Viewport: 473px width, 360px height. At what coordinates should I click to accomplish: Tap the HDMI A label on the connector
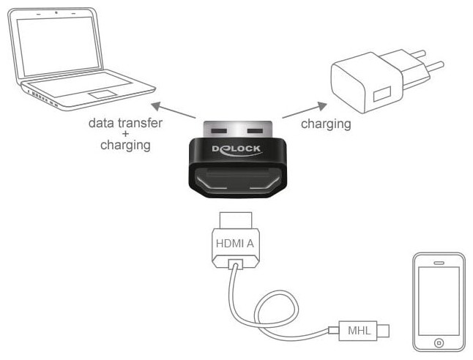pos(236,244)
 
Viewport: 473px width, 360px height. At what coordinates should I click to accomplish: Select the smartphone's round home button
pos(439,342)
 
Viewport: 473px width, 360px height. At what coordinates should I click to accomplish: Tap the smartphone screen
pos(439,300)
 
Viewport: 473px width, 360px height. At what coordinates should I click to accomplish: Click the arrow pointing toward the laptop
pos(176,111)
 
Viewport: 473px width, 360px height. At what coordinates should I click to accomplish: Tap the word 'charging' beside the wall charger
pos(326,124)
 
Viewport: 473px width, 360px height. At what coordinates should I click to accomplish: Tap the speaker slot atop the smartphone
pos(439,261)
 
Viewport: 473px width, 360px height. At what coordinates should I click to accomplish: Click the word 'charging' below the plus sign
pos(125,145)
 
